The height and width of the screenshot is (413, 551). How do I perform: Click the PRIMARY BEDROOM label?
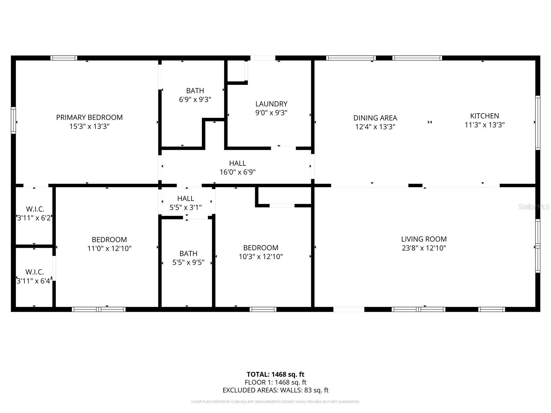[89, 117]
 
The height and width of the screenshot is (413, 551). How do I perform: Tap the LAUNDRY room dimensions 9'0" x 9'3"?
[271, 113]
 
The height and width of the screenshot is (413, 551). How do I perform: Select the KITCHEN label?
[484, 116]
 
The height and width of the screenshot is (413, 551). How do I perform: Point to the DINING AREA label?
[375, 118]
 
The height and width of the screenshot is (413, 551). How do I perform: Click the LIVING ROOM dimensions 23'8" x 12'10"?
[424, 248]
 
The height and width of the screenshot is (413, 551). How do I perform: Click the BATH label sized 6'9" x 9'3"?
[195, 91]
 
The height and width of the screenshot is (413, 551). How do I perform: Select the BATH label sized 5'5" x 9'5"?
[188, 254]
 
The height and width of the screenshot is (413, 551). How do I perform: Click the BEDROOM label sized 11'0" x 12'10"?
[109, 240]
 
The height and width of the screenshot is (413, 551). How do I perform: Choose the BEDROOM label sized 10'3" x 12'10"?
[261, 248]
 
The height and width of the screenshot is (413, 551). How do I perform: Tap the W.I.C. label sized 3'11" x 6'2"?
[35, 209]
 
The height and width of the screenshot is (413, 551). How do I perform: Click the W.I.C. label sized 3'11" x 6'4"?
[35, 272]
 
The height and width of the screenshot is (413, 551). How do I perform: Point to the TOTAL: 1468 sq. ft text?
[275, 374]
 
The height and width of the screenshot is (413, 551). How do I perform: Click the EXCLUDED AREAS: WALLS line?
[275, 390]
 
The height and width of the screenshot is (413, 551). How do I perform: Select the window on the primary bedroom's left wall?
[13, 120]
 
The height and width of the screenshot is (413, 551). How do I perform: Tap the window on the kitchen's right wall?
[537, 123]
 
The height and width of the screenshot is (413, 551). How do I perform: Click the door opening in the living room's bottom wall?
[349, 309]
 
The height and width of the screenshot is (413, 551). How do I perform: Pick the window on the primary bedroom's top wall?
[64, 58]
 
